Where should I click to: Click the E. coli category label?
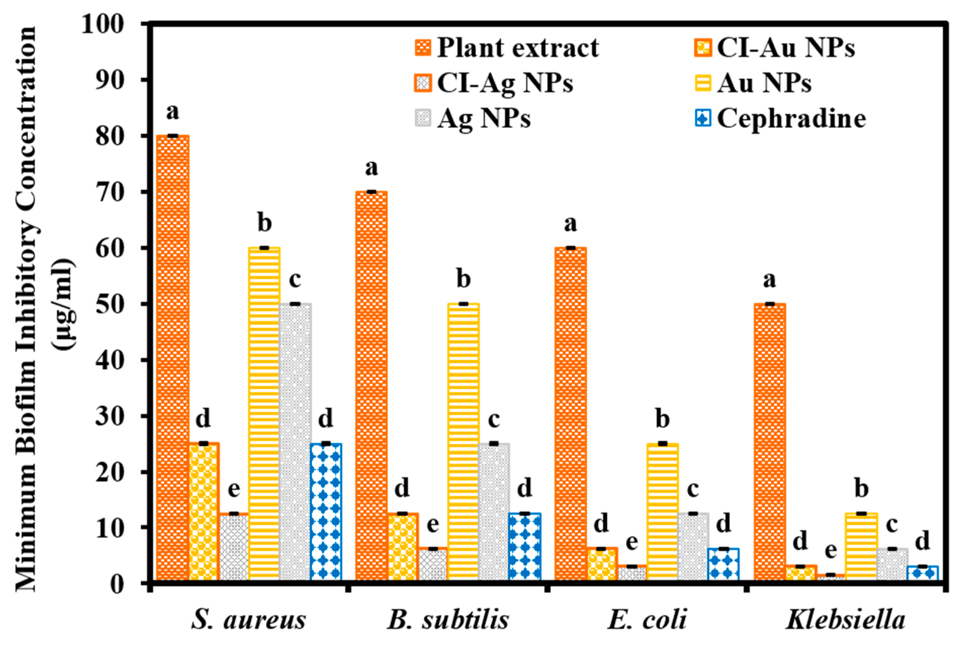tap(647, 619)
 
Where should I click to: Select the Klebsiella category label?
tap(845, 619)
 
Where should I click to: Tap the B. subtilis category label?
tap(448, 619)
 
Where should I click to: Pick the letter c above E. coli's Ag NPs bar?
tap(693, 489)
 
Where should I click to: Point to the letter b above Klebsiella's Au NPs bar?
tap(861, 489)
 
